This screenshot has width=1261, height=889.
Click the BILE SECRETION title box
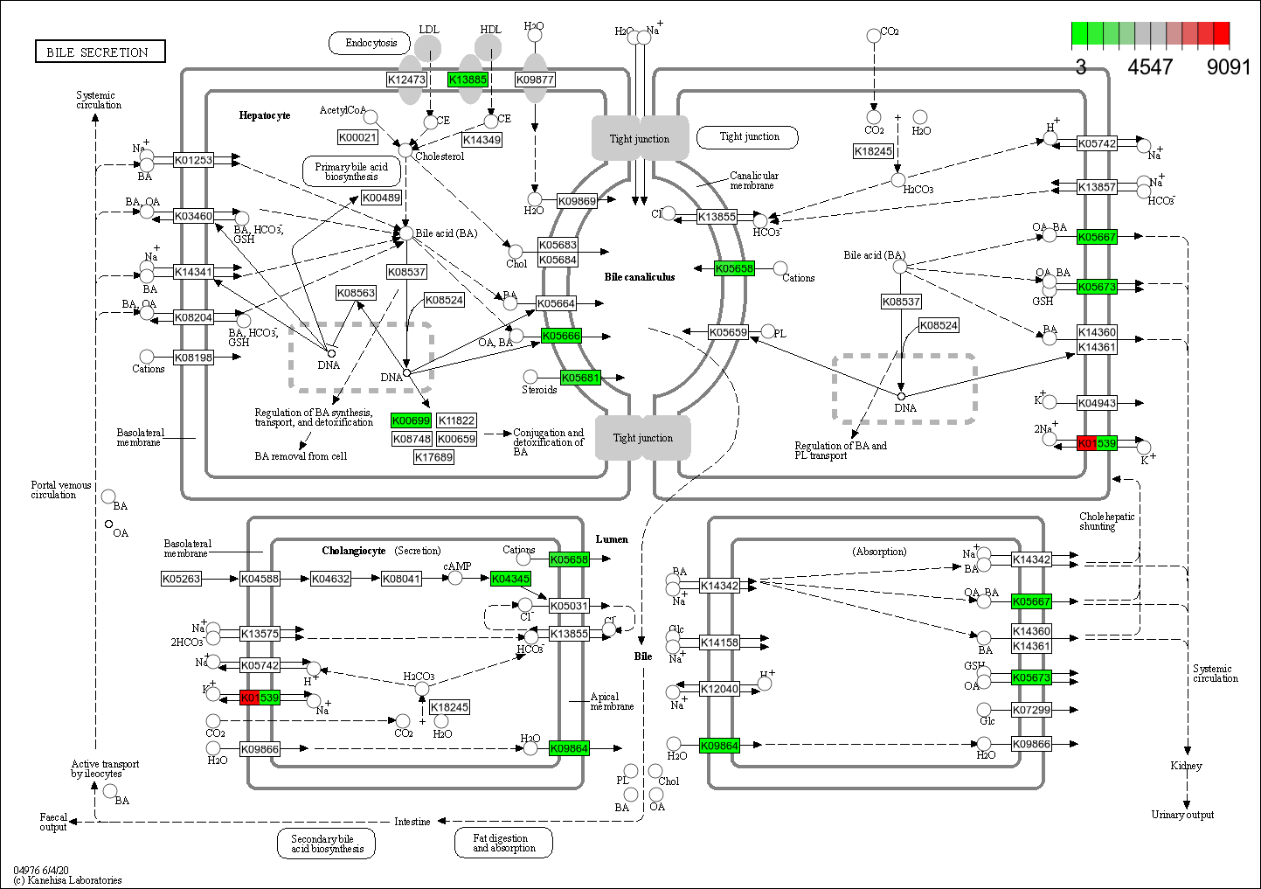[100, 52]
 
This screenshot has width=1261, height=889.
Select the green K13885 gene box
[468, 80]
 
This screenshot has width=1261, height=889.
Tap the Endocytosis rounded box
[371, 43]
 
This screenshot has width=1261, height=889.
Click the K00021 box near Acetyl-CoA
[357, 137]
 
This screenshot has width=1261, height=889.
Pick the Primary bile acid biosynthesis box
[351, 171]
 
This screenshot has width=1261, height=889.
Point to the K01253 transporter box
[193, 160]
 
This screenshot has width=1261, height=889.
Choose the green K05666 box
[561, 336]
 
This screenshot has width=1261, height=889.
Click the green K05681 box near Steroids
[580, 378]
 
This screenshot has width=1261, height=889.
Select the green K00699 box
[411, 420]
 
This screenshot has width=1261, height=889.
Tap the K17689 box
[433, 457]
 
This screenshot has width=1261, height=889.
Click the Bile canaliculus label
[640, 277]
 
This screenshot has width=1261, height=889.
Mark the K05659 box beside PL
[728, 332]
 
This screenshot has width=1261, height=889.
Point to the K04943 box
[1097, 403]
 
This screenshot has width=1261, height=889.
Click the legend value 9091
[1229, 67]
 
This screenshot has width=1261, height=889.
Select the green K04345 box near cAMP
[510, 579]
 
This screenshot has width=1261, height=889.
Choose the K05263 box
[182, 579]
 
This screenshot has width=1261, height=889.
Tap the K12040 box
[719, 689]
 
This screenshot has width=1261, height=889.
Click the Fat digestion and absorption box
[503, 843]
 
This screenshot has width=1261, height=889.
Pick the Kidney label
[1186, 766]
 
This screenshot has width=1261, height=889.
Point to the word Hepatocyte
[265, 115]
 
